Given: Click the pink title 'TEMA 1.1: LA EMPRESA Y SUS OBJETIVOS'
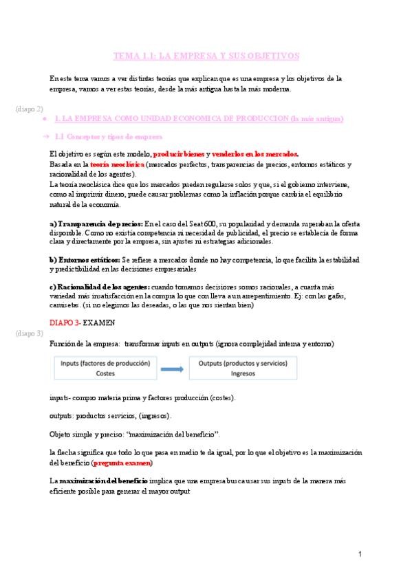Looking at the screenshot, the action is (206, 56).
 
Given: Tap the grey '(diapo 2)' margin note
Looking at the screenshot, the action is (29, 109).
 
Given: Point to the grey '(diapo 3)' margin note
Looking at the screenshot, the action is (29, 333).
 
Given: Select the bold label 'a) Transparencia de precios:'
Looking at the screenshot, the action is (96, 224).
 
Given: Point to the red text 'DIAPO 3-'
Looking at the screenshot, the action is (65, 322).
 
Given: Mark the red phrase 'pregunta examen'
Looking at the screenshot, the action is (121, 463).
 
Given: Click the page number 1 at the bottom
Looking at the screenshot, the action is (360, 554).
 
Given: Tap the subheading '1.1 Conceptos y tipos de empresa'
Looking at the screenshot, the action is (109, 137).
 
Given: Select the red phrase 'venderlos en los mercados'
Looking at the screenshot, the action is (255, 154).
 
